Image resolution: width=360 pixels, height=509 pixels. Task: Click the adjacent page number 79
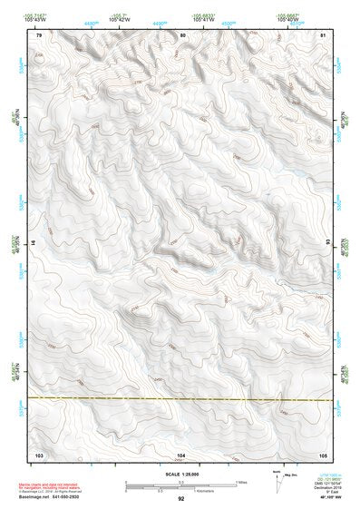pyautogui.click(x=39, y=35)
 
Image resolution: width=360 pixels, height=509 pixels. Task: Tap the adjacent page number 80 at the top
pyautogui.click(x=183, y=35)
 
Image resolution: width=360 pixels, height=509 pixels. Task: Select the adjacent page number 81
pyautogui.click(x=323, y=35)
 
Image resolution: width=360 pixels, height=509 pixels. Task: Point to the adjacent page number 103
pyautogui.click(x=39, y=454)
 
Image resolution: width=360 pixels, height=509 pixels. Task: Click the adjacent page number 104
pyautogui.click(x=181, y=454)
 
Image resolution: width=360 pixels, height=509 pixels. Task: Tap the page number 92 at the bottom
pyautogui.click(x=181, y=499)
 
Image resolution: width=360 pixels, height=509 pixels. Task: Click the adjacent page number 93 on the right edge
pyautogui.click(x=327, y=243)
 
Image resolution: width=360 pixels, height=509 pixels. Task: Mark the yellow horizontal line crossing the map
pyautogui.click(x=181, y=398)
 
